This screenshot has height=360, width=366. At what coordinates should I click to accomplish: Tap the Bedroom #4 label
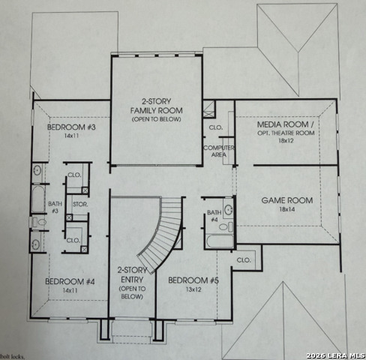pyautogui.click(x=69, y=281)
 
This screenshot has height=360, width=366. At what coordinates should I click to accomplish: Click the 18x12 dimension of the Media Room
pyautogui.click(x=286, y=140)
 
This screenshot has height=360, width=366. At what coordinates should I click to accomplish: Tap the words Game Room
pyautogui.click(x=286, y=201)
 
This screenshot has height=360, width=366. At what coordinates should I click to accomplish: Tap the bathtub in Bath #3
pyautogui.click(x=38, y=199)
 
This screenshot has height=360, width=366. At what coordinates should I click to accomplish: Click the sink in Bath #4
pyautogui.click(x=229, y=211)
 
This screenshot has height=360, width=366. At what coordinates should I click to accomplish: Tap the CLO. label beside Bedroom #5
pyautogui.click(x=243, y=259)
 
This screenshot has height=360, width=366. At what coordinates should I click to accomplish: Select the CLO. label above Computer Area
pyautogui.click(x=214, y=127)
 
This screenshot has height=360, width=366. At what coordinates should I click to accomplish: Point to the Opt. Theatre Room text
pyautogui.click(x=286, y=132)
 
